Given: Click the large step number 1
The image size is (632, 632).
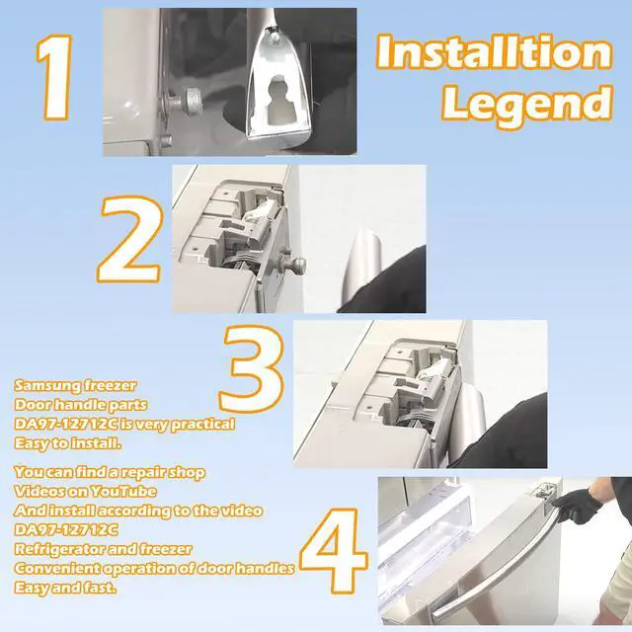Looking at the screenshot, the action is pyautogui.click(x=55, y=77).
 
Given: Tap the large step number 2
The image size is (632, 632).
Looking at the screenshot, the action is pyautogui.click(x=129, y=239).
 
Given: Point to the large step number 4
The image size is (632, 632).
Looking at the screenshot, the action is pyautogui.click(x=334, y=551).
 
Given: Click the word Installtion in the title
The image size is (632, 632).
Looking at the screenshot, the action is pyautogui.click(x=495, y=51).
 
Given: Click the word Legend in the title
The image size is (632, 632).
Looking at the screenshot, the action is pyautogui.click(x=527, y=103).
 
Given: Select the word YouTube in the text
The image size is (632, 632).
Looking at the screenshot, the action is pyautogui.click(x=122, y=492).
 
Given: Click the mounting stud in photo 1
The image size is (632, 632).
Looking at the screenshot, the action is pyautogui.click(x=191, y=100).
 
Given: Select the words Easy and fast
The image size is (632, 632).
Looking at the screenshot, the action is pyautogui.click(x=64, y=588).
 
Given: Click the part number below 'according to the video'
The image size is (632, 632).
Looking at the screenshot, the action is pyautogui.click(x=66, y=529).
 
